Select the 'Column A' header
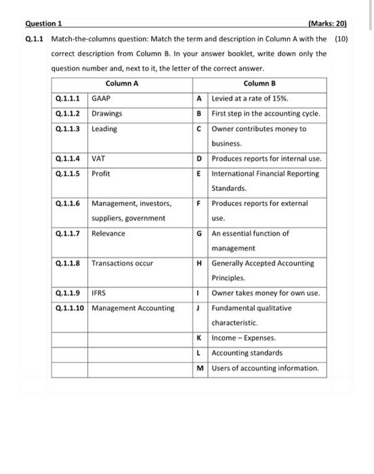tap(122, 84)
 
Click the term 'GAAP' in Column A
tap(101, 98)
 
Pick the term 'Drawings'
tap(106, 113)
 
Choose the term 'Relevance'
tap(108, 234)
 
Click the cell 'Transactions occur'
tap(123, 263)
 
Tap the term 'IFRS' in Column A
tap(99, 294)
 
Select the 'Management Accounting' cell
tap(133, 309)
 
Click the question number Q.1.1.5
tap(68, 174)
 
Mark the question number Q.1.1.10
tap(70, 309)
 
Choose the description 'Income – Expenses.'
tap(243, 338)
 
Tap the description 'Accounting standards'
tap(247, 353)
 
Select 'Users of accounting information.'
tap(265, 368)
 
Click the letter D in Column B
tap(199, 159)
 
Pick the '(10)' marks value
tap(341, 39)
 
